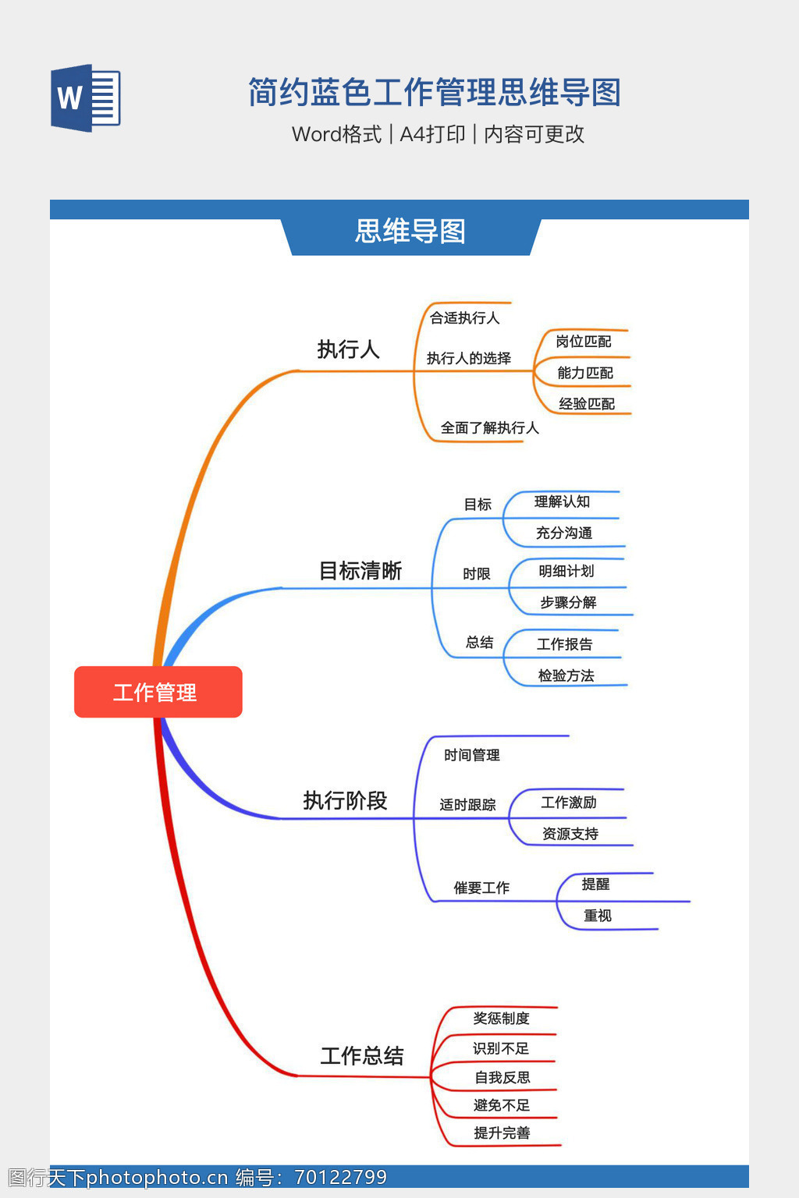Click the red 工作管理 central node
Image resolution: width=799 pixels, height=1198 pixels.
(x=158, y=692)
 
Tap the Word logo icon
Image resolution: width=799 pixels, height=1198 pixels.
(x=86, y=98)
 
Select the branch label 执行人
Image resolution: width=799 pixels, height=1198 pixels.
(x=348, y=349)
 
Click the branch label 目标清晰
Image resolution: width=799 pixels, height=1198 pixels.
(x=360, y=571)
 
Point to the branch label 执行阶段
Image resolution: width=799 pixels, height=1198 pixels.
(x=345, y=801)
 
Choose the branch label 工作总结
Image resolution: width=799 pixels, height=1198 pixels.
(x=362, y=1056)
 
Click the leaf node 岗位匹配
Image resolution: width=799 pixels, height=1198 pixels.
(x=584, y=342)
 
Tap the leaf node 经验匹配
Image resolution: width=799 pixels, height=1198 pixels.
(x=587, y=404)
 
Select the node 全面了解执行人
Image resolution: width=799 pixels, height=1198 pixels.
(x=489, y=428)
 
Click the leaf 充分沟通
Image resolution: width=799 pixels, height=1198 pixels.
(x=564, y=533)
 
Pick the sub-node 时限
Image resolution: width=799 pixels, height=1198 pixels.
(x=476, y=574)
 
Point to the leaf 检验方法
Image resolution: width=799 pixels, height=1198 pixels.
(x=566, y=675)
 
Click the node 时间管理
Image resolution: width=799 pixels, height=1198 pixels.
(x=472, y=755)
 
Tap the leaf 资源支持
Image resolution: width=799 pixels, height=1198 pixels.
(x=570, y=834)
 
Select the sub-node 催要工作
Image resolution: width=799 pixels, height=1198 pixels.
(x=481, y=888)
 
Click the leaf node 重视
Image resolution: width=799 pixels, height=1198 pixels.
(x=598, y=916)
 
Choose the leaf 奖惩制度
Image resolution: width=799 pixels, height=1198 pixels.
(x=501, y=1019)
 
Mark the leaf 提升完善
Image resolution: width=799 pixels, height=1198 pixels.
(x=502, y=1133)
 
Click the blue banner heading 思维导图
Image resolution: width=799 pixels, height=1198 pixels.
(x=410, y=232)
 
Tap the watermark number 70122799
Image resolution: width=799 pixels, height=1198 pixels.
(x=340, y=1178)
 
